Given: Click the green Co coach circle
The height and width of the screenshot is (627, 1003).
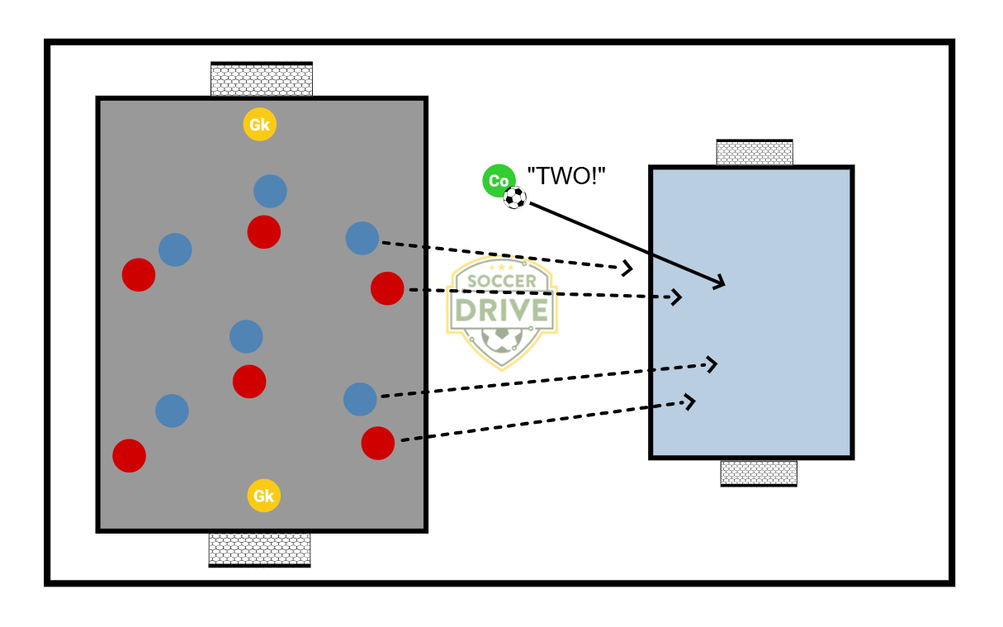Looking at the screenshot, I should pos(499,181).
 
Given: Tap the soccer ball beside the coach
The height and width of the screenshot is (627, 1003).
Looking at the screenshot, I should pos(515,197).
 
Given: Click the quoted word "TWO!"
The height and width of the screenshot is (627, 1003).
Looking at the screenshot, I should pos(566,176).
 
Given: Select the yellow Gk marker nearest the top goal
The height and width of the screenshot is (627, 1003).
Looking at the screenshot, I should pos(260,125).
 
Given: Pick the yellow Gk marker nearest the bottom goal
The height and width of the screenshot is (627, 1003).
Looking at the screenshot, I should pos(263,496).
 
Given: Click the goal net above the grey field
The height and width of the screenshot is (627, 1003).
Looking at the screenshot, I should pos(262,80).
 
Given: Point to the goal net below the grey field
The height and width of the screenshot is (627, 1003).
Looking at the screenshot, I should pos(259,549).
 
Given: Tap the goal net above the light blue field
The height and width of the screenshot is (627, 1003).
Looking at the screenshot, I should pos(755,153).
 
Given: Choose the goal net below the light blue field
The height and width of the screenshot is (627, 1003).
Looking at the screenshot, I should pos(759,473).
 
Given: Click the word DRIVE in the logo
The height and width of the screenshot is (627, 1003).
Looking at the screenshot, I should pos(502,309).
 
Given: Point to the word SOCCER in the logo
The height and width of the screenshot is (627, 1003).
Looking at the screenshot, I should pos(501,281).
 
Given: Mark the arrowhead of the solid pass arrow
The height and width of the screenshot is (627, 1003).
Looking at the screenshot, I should pos(720,283).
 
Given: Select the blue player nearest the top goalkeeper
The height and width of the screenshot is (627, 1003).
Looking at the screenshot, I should pos(270,191).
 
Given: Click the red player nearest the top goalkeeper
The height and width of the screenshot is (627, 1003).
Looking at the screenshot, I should pos(264,232).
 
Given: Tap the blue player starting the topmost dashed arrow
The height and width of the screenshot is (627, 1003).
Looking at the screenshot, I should pos(362,238).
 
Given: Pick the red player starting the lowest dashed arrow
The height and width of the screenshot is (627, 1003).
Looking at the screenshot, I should pos(377,443).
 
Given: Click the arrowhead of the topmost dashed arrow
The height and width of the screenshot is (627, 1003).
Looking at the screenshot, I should pos(628,268).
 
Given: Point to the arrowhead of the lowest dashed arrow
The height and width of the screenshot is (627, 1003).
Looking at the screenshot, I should pos(690,401).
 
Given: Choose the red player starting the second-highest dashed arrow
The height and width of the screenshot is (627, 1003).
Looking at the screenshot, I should pos(387,288).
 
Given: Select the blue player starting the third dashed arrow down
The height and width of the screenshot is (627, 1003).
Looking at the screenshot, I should pos(360,399).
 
